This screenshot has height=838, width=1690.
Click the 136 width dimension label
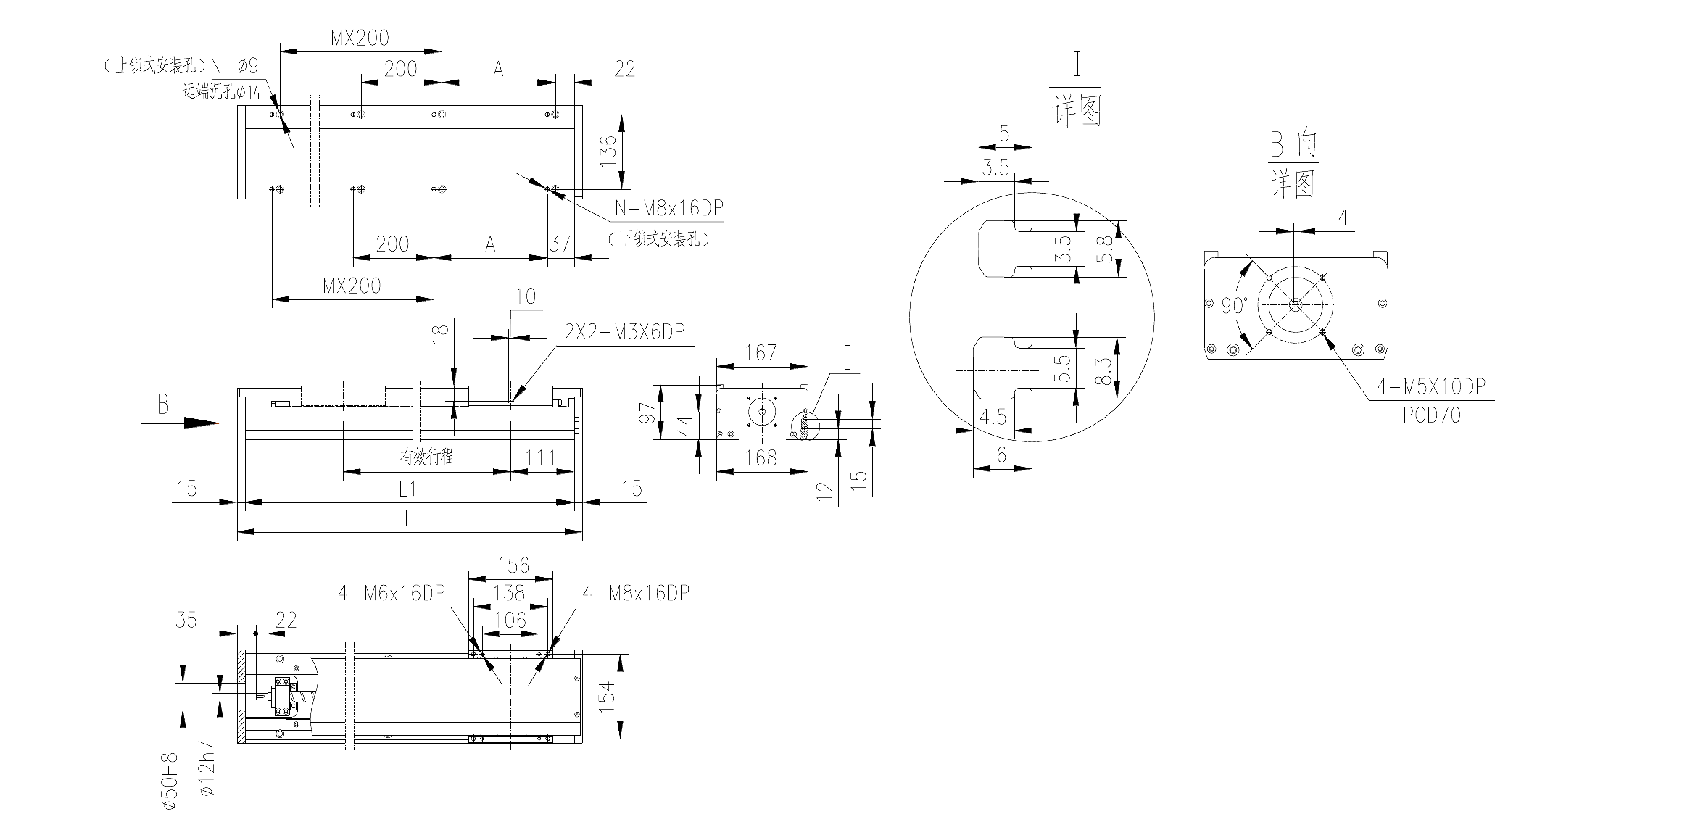609,151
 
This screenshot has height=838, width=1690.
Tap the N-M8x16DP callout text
669,209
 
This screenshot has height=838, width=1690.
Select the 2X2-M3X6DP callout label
624,332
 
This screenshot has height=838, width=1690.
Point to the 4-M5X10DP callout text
1431,387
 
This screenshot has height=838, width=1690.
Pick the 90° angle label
1234,306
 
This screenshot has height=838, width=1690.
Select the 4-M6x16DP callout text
392,593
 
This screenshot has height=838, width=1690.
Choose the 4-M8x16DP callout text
636,593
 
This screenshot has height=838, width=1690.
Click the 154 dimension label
608,697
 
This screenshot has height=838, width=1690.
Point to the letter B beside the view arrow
163,405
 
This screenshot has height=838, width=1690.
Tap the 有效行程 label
426,457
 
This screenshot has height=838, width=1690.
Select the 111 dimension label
540,457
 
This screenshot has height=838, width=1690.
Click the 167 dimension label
761,353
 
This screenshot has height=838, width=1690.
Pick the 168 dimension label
761,458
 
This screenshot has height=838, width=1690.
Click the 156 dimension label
513,565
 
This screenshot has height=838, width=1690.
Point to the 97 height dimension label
649,412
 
